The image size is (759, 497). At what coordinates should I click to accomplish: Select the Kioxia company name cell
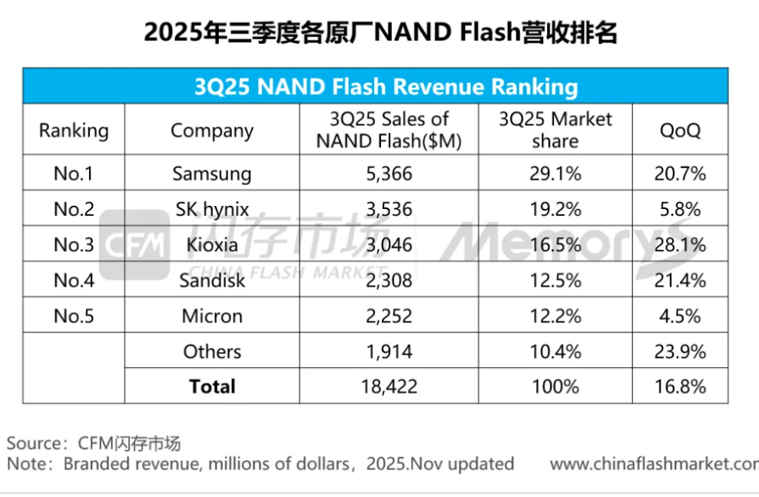click(211, 245)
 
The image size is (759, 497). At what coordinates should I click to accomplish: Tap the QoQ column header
click(680, 130)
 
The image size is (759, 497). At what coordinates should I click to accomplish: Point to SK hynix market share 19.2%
click(555, 209)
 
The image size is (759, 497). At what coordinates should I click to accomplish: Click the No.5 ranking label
click(74, 316)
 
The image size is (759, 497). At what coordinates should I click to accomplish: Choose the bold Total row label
click(212, 386)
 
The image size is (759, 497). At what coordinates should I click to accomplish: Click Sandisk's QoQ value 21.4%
click(680, 280)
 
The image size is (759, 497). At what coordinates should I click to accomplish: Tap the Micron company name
click(212, 316)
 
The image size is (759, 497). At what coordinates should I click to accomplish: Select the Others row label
click(212, 351)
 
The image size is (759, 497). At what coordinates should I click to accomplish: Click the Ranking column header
click(74, 130)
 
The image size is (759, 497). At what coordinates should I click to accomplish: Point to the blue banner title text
click(375, 86)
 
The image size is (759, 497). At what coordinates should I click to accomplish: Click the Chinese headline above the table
click(379, 33)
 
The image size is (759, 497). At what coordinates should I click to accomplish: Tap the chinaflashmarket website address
click(654, 464)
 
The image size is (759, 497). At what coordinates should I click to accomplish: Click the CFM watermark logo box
click(134, 245)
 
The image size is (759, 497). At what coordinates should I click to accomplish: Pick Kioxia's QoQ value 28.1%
click(680, 245)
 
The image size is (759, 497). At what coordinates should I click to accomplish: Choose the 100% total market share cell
click(555, 386)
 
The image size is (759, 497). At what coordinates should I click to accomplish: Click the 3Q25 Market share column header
click(555, 130)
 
